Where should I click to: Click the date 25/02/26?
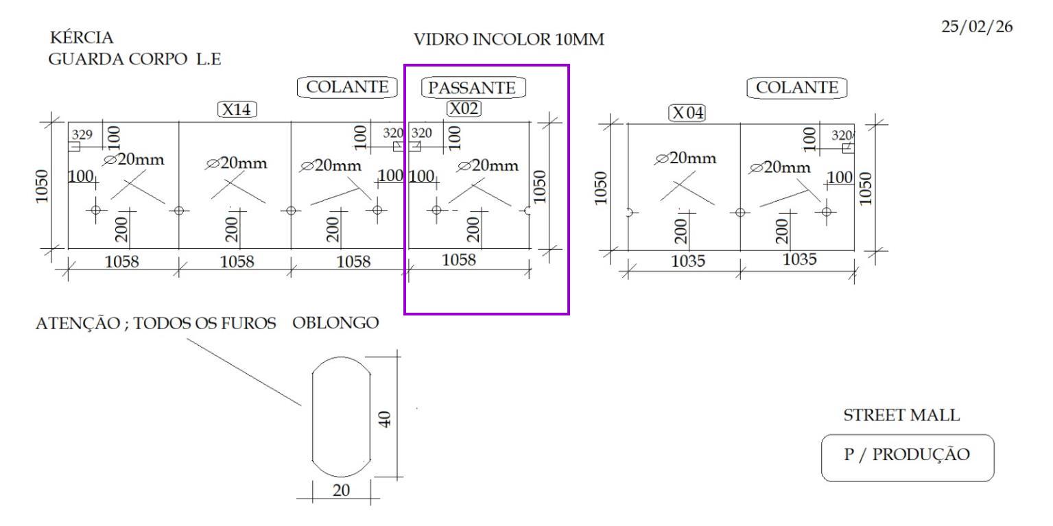tap(977, 27)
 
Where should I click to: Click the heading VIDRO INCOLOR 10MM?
tap(508, 40)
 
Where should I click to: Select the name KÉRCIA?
tap(82, 37)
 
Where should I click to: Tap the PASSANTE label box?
tap(473, 87)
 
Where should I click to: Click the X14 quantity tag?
tap(237, 110)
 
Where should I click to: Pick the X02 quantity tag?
tap(464, 108)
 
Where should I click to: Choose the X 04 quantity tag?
tap(687, 113)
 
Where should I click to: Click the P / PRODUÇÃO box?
tap(908, 457)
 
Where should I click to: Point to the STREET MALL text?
tap(901, 415)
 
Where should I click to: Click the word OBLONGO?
tap(335, 323)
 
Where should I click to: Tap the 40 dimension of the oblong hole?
tap(385, 419)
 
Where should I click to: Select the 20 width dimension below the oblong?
tap(342, 490)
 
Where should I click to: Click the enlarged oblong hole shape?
tap(342, 416)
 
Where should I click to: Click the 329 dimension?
tap(82, 134)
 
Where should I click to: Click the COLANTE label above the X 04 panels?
tap(797, 87)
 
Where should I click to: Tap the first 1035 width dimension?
tap(688, 261)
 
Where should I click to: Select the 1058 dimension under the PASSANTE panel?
tap(459, 259)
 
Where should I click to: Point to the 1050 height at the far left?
tap(42, 186)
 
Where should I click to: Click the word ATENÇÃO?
tap(78, 324)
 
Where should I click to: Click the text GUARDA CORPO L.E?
tap(134, 59)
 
